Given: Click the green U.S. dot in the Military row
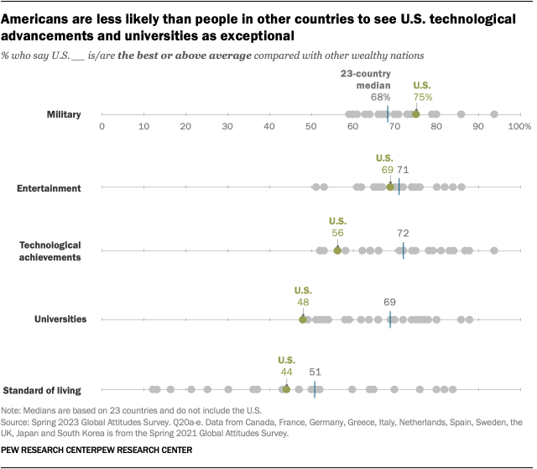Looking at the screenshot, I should [415, 113].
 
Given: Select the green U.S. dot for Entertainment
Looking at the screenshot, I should [390, 187].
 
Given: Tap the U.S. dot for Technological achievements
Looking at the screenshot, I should [337, 250].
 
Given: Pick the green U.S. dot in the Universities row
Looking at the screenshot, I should [303, 319].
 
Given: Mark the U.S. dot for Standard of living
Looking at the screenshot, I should [286, 389].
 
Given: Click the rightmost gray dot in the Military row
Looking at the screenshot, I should [494, 113].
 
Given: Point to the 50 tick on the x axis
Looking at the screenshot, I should [310, 126].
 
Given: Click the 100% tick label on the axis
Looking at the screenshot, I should [519, 126].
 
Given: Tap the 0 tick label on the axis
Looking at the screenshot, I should [102, 126].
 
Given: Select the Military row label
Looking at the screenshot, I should [63, 114].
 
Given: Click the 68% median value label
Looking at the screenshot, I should [381, 97].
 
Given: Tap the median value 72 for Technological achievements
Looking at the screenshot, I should [403, 233].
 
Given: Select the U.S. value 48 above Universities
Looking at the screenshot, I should [303, 301].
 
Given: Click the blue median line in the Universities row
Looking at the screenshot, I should [390, 319].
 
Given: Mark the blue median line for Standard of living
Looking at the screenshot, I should [315, 389].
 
